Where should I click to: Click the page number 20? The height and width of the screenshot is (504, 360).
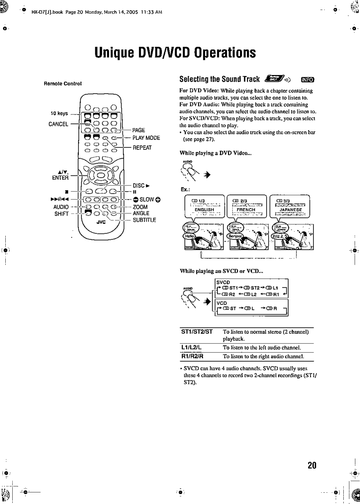(x=312, y=465)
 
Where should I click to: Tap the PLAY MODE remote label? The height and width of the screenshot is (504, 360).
(x=146, y=138)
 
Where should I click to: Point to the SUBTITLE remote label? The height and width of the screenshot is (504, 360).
(x=144, y=220)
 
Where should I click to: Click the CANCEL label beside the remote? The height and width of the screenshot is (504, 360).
(x=58, y=124)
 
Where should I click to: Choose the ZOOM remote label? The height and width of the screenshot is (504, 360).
(x=140, y=207)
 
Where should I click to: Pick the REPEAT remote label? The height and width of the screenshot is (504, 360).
(x=142, y=148)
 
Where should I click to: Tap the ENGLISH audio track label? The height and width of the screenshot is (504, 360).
(x=204, y=210)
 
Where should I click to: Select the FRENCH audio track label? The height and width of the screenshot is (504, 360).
(x=246, y=210)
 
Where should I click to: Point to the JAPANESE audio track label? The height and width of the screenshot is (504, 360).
(x=291, y=210)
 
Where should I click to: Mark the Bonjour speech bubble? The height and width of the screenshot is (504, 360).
(x=234, y=235)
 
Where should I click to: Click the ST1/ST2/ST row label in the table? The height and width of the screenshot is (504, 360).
(x=197, y=331)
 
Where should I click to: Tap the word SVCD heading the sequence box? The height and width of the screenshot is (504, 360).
(x=223, y=282)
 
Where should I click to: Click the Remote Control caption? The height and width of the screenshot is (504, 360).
(x=63, y=83)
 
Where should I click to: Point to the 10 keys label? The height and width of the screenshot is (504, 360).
(x=59, y=113)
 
